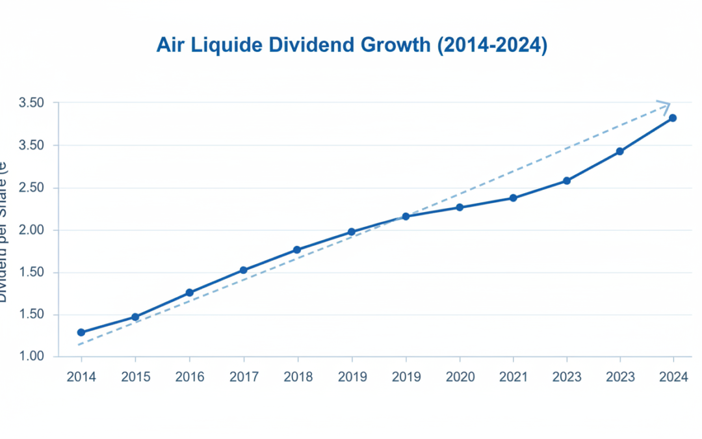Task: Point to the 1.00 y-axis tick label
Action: point(31,356)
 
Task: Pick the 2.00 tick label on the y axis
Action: point(31,230)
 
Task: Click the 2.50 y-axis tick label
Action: point(31,188)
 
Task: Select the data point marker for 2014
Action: point(81,332)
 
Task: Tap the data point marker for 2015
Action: point(135,317)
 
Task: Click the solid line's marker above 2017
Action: point(243,270)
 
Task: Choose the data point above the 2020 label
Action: point(460,207)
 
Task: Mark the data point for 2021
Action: point(513,198)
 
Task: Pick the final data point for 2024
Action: point(673,118)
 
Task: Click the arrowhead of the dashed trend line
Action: point(665,105)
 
